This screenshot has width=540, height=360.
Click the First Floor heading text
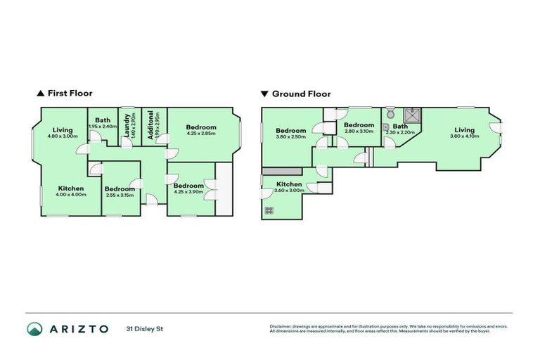pos(70,93)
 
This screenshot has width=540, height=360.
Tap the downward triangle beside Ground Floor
pos(264,94)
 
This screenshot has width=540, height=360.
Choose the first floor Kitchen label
pos(71,188)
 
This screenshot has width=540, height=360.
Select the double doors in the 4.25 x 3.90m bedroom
pos(209,190)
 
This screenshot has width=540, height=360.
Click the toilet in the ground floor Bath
pos(391,113)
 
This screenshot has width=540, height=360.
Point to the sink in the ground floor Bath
pos(386,128)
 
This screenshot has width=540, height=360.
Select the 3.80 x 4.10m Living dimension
pos(464,136)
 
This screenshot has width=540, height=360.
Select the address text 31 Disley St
pos(144,328)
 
